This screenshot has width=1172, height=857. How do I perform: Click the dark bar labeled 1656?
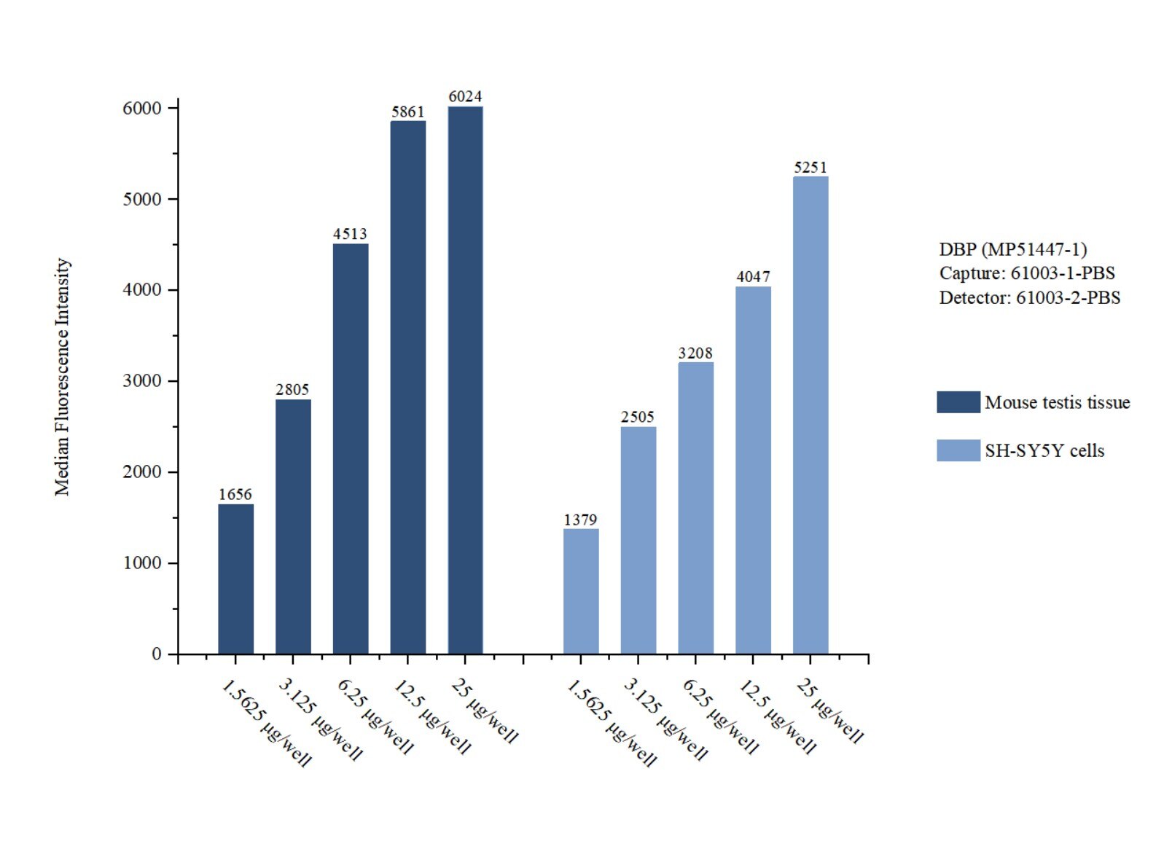(235, 579)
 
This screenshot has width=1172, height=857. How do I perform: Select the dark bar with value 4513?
(351, 448)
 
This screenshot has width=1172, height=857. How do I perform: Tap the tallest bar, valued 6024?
(465, 380)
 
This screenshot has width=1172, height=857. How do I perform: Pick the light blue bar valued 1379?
(581, 591)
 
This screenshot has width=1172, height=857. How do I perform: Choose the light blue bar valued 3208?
(695, 507)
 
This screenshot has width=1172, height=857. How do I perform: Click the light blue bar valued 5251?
(810, 415)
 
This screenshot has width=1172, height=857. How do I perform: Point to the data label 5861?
(407, 111)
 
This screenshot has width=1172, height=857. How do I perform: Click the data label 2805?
(292, 390)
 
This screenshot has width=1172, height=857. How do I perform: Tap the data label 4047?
(753, 277)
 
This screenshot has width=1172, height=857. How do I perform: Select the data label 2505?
(638, 417)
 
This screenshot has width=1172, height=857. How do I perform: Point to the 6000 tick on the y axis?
(142, 109)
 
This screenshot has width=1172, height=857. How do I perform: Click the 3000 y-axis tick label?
(142, 381)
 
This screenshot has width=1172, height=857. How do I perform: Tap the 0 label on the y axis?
(156, 654)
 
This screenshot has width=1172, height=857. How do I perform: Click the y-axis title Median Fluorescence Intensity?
(63, 377)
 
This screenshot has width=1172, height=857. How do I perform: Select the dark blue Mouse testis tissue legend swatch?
(958, 402)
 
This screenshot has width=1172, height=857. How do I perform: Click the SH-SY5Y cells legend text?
(1044, 450)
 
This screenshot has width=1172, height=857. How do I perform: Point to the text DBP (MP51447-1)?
(1012, 249)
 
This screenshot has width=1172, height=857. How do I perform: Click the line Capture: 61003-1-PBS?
(1026, 273)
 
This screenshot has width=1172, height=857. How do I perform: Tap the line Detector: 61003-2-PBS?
(1029, 297)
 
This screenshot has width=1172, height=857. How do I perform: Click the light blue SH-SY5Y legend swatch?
(958, 450)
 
